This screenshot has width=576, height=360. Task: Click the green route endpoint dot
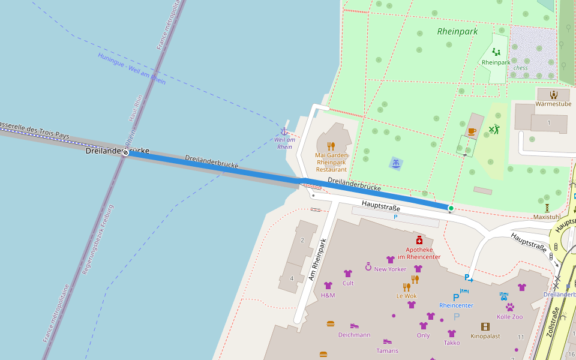[x=451, y=208]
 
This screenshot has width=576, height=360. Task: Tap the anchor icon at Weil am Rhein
[x=284, y=131]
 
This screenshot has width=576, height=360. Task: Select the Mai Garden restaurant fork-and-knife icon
[x=331, y=146]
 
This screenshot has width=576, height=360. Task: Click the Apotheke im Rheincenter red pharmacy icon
[x=419, y=240]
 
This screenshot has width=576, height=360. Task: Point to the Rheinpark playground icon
[x=496, y=52]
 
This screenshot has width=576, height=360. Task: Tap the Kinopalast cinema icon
[x=485, y=327]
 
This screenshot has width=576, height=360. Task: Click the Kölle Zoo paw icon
[x=509, y=307]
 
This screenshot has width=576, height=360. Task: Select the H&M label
[x=328, y=295]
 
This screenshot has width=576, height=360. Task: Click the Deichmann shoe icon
[x=355, y=326]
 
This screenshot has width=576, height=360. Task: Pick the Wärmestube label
[x=553, y=104]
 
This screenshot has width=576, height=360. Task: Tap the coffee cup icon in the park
[x=472, y=131]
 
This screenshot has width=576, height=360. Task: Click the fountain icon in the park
[x=395, y=163]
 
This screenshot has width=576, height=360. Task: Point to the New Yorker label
[x=390, y=269]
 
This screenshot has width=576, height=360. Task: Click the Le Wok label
[x=406, y=296]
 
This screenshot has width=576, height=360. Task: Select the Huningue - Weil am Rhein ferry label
[x=131, y=68]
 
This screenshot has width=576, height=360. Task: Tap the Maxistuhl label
[x=547, y=217]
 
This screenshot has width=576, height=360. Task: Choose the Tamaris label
[x=387, y=350]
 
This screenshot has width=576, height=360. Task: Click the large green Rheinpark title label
[x=457, y=31]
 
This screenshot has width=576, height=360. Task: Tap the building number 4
[x=292, y=278]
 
